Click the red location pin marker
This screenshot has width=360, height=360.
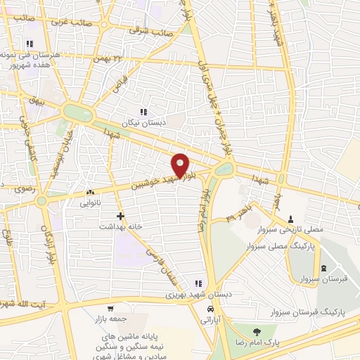(x=181, y=165)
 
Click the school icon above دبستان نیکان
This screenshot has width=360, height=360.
(x=143, y=112)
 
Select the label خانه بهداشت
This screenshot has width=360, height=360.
(x=120, y=227)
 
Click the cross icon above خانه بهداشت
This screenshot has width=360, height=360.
(x=120, y=216)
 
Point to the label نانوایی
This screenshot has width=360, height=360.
(x=90, y=202)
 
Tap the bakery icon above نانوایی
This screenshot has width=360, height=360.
(x=90, y=192)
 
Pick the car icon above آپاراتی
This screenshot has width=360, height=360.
(x=210, y=309)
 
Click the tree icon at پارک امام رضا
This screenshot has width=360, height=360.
(x=255, y=331)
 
